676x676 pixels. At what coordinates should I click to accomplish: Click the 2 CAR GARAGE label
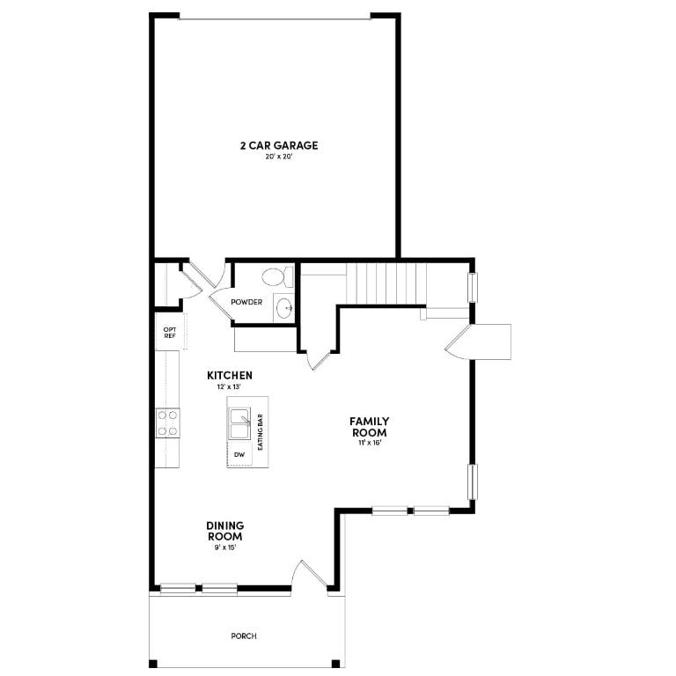click(278, 145)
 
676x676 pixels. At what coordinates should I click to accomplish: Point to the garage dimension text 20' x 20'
click(278, 157)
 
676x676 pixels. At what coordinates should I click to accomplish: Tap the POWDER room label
click(246, 302)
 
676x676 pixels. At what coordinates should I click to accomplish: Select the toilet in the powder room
click(276, 276)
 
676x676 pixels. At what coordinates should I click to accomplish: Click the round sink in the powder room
click(284, 308)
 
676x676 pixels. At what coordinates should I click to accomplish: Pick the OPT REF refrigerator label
click(169, 333)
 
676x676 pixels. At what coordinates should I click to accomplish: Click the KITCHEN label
click(229, 375)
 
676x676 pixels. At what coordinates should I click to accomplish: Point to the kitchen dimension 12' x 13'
click(229, 387)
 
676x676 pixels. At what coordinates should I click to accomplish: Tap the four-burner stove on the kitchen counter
click(168, 422)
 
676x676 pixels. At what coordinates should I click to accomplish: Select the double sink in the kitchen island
click(240, 423)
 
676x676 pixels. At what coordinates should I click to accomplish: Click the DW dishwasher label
click(239, 455)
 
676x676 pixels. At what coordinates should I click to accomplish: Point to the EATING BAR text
click(261, 432)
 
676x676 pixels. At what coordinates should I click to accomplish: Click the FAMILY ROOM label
click(370, 427)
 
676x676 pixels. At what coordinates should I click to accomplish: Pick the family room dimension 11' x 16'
click(370, 443)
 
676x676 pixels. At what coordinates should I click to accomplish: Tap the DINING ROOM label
click(224, 531)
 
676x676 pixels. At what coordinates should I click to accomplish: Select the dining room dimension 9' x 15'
click(224, 547)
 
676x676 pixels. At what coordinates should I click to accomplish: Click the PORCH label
click(244, 636)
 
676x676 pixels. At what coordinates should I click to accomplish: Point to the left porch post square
click(153, 664)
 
